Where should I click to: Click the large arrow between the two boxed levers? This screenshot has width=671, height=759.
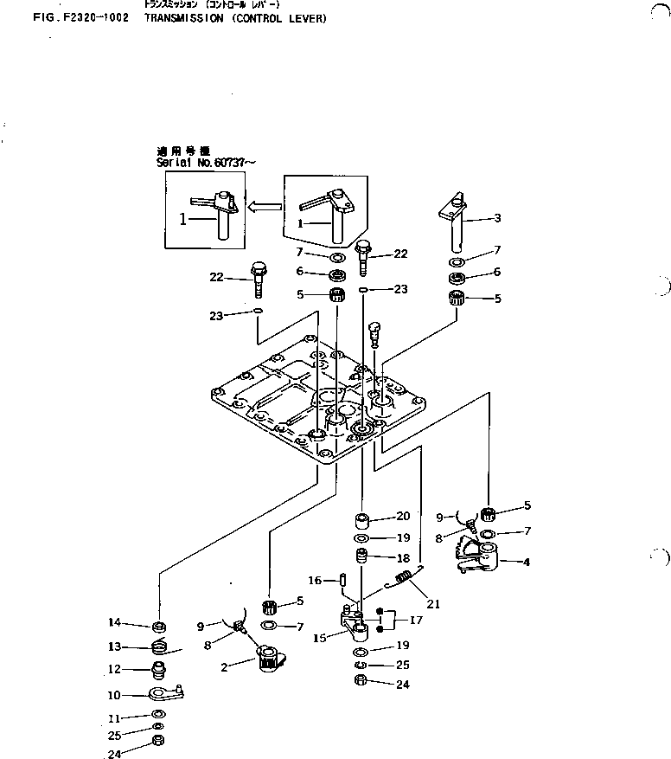[x=265, y=207]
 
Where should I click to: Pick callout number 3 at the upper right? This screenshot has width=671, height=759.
[x=497, y=218]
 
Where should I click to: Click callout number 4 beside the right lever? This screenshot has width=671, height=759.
[x=527, y=562]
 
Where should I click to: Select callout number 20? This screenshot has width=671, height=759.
[x=402, y=517]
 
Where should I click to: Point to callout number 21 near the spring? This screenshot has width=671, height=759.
[x=432, y=604]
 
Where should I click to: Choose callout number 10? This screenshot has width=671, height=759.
[x=113, y=694]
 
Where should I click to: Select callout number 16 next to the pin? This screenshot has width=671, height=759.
[x=316, y=581]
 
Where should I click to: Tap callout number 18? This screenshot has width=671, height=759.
[x=402, y=559]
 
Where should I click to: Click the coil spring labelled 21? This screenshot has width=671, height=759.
[x=403, y=580]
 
